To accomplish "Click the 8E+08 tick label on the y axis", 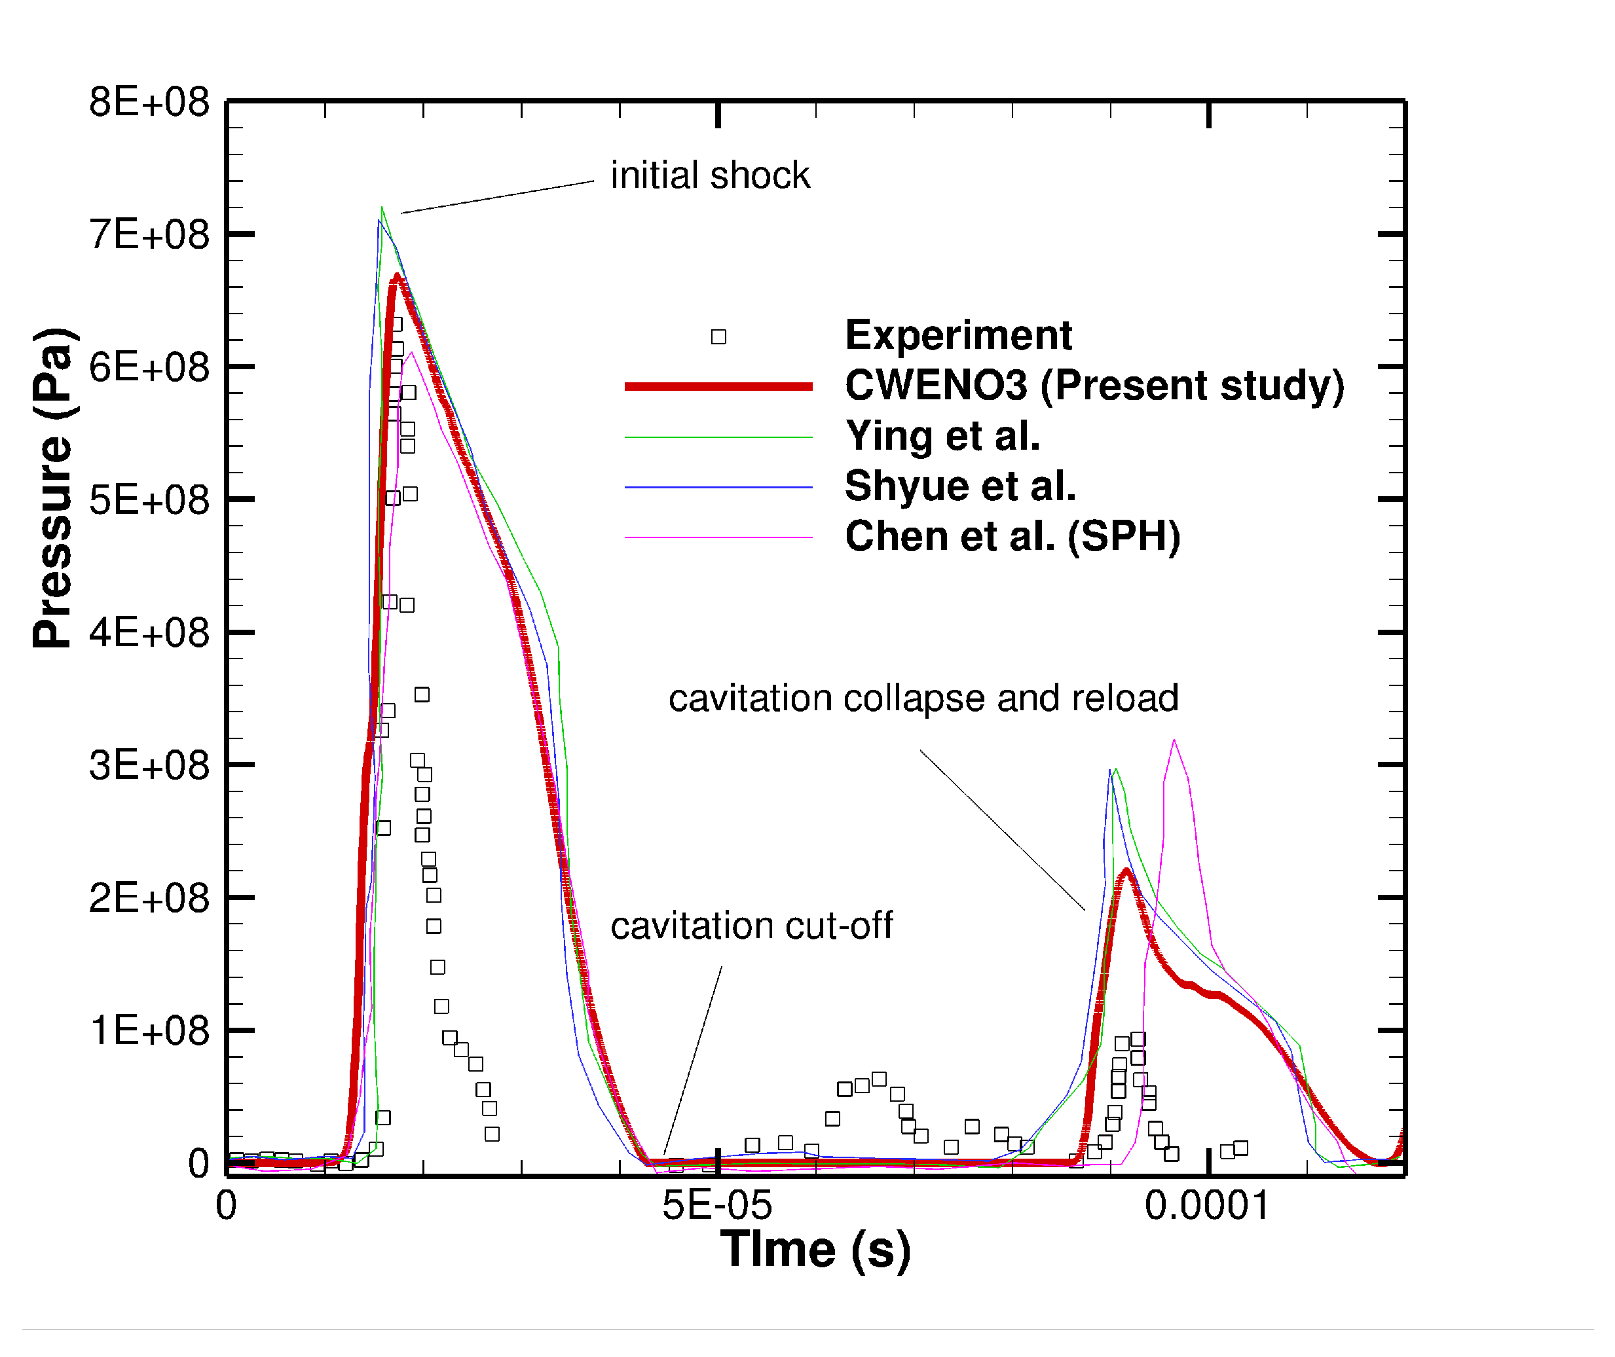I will tap(149, 101).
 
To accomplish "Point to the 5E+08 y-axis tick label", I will tap(149, 500).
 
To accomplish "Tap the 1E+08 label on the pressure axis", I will tap(149, 1031).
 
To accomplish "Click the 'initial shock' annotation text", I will tap(709, 175).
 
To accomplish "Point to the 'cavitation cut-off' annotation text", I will tap(751, 926).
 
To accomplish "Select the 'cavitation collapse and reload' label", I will tap(923, 698).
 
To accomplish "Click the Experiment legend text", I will tap(958, 335).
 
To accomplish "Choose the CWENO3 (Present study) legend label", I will tap(1094, 386).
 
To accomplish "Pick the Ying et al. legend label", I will tap(942, 436).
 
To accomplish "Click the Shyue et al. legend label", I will tap(959, 486).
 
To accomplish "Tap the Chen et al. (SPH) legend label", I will tap(1012, 536).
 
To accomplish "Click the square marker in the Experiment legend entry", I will tap(718, 337).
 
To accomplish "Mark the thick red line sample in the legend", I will tap(718, 387).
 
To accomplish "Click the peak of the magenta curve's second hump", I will tap(1174, 742).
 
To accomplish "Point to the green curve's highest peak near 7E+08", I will tap(382, 208).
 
